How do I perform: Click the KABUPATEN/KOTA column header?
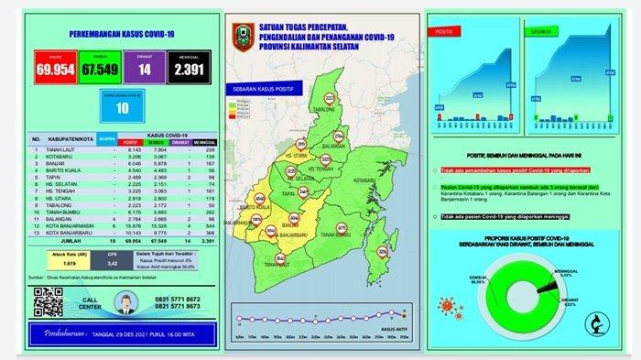pyautogui.click(x=72, y=140)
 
